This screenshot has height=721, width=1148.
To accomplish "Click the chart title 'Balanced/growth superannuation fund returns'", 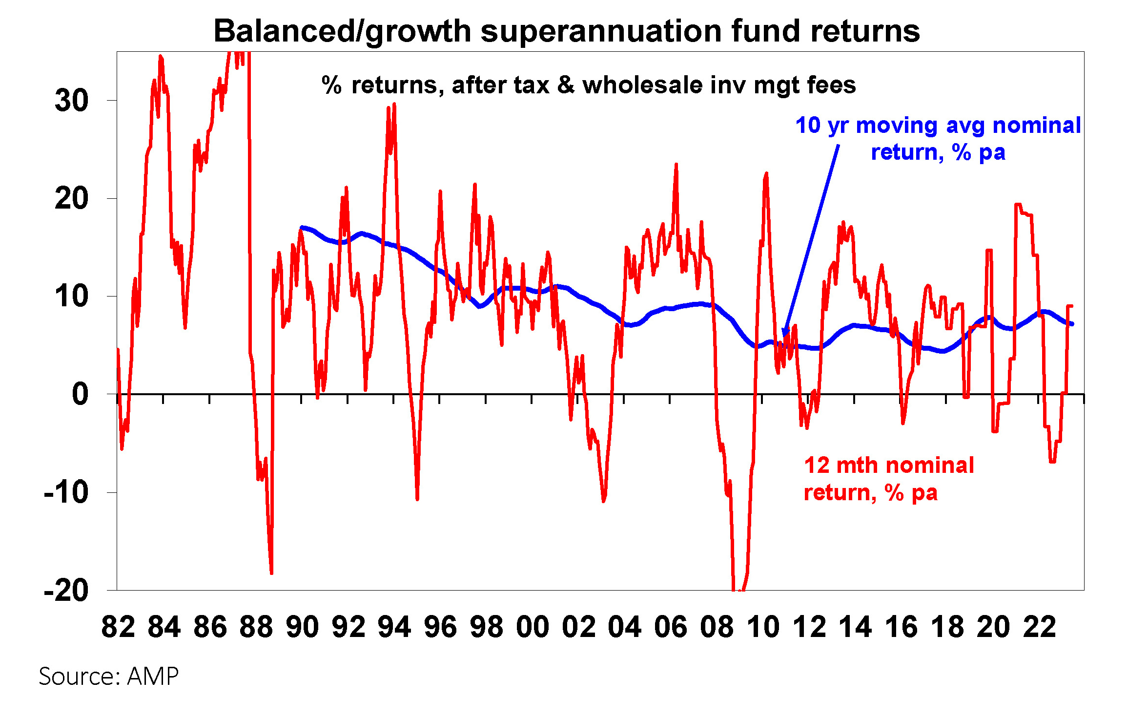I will coord(567,31).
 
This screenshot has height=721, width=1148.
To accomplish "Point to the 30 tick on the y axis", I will coord(72,101).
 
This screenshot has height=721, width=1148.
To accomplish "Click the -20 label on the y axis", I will coord(66,591).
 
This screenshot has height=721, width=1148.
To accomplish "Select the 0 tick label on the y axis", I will coord(80,394).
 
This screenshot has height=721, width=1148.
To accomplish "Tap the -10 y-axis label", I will coord(66,492).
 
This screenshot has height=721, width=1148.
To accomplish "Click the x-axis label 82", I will coord(118,627).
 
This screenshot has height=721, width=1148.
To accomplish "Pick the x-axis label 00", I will coord(533,627).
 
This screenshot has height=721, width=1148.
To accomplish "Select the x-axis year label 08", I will coord(717,627).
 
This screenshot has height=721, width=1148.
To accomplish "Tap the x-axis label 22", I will coord(1040,627).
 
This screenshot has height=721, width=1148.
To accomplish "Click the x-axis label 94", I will coord(394,627).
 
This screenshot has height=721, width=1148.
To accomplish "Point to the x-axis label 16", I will coord(901,627).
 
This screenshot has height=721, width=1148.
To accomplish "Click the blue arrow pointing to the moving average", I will coord(811,239).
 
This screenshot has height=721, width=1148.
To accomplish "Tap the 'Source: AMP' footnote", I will coord(108,677).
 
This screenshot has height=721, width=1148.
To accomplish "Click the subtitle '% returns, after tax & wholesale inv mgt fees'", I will coord(589,85).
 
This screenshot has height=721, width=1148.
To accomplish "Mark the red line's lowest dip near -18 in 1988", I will coord(271,573).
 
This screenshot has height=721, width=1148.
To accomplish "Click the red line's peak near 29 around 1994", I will coord(394,104).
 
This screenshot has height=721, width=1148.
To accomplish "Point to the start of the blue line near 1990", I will coord(302,227).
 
